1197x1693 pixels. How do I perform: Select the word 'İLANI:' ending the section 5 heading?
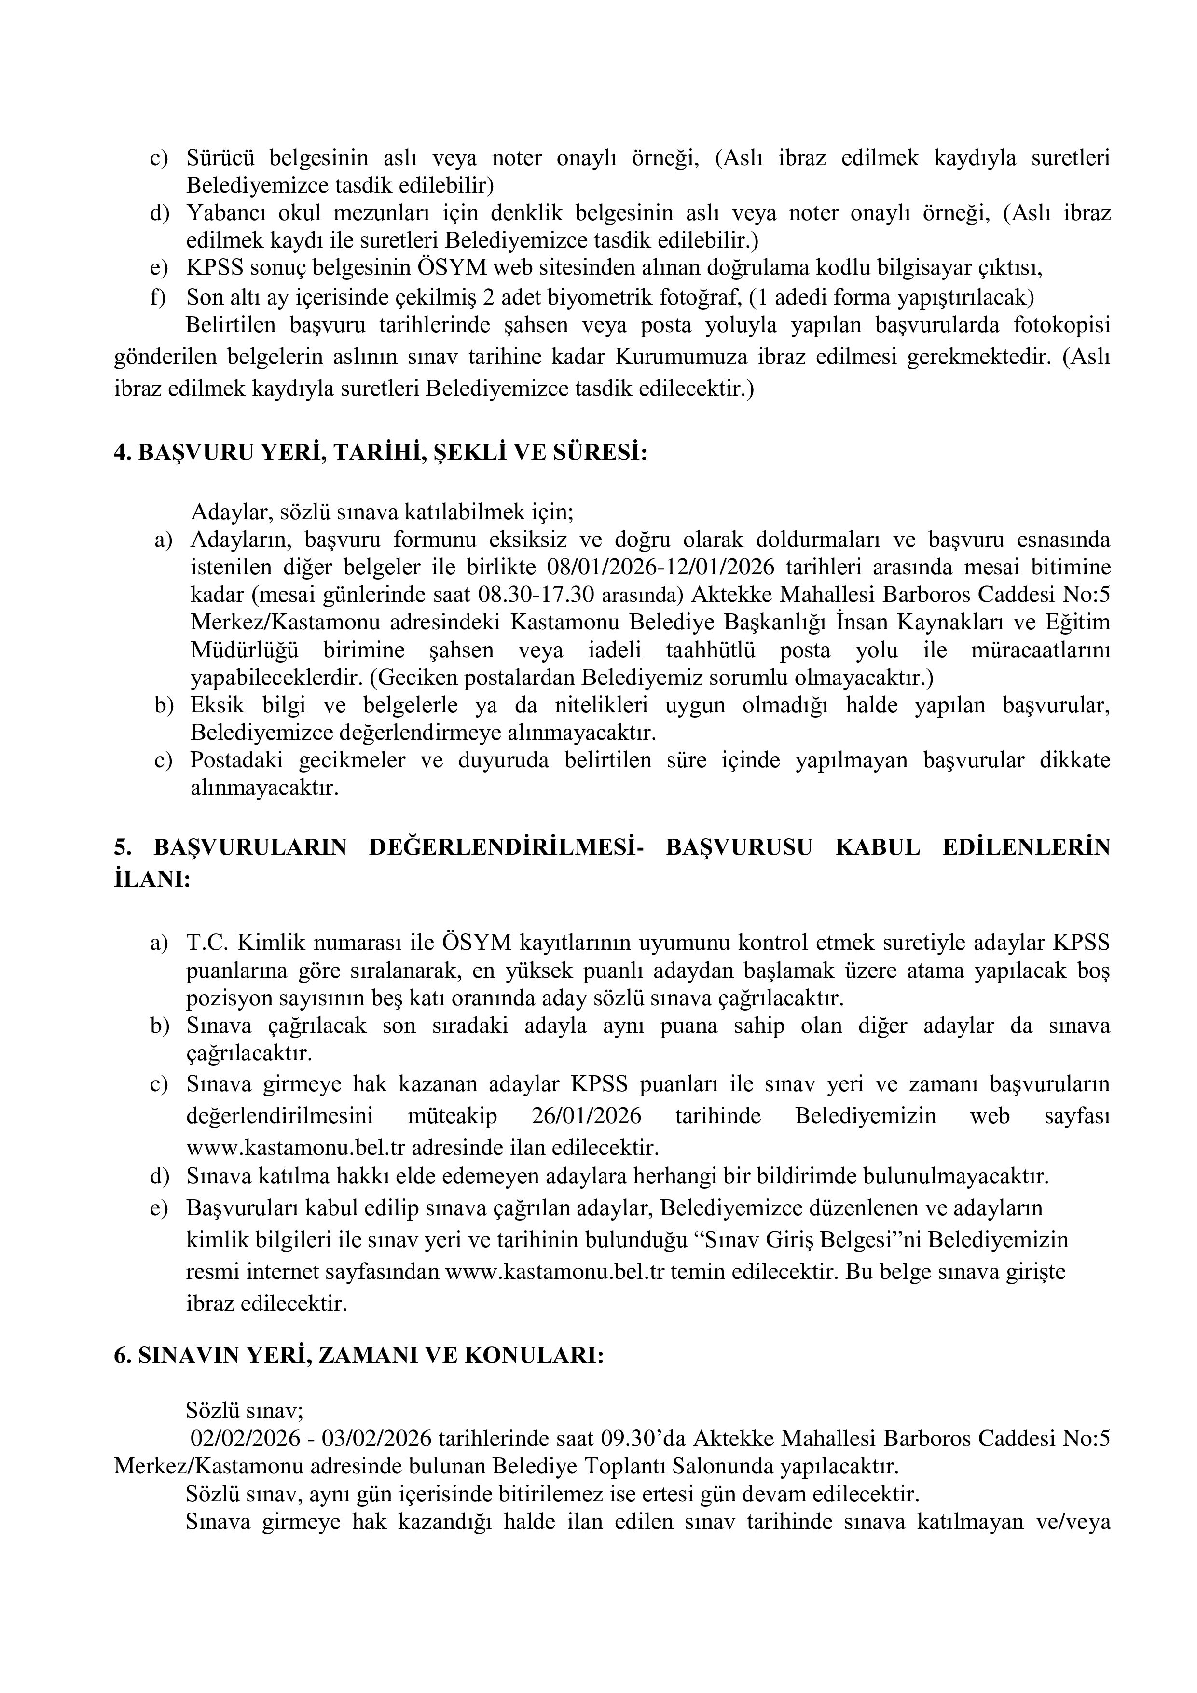152,880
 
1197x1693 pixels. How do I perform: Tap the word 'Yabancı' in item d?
224,213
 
